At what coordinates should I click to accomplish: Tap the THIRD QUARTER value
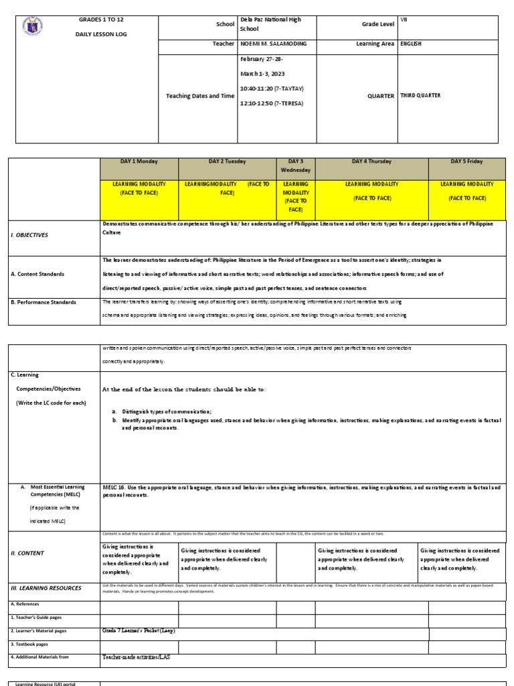coord(420,96)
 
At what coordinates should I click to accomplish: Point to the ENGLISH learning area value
coord(411,44)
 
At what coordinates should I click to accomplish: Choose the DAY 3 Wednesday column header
coord(296,165)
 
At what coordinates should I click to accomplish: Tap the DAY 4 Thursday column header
coord(371,161)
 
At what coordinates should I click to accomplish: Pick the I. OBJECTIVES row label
coord(29,235)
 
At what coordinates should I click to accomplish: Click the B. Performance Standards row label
coord(42,302)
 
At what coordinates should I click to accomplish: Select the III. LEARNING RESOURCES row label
coord(45,588)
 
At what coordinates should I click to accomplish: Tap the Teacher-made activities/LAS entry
coord(136,657)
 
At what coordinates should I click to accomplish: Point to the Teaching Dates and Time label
coord(200,96)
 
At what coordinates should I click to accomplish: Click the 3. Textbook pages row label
coord(31,644)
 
